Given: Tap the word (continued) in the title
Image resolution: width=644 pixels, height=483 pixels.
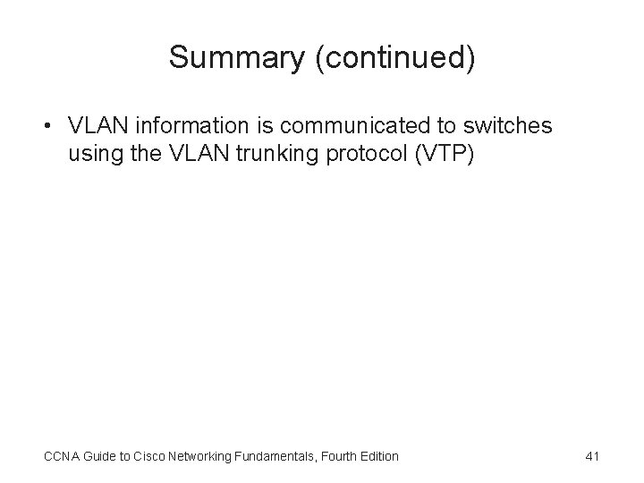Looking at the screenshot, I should pos(385,59).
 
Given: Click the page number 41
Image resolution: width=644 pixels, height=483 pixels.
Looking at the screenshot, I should pos(590,456).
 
